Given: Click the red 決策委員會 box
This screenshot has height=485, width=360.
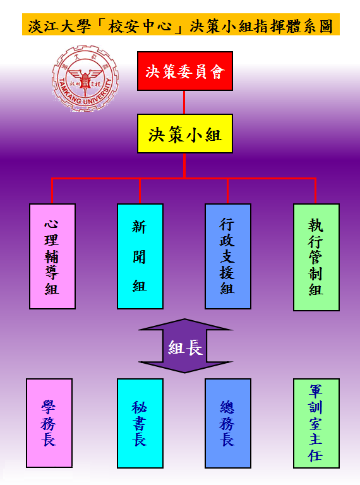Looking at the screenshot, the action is point(185,71).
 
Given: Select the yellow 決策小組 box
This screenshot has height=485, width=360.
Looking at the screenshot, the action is point(185,134).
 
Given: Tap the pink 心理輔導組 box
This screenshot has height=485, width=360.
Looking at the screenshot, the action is point(52,256).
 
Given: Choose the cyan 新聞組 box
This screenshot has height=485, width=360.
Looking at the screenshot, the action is point(140,256).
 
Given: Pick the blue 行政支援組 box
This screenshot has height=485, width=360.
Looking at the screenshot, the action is point(228,256).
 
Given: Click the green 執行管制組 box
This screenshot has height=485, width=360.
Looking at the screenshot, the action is point(316,257).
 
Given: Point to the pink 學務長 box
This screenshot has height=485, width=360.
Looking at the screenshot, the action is point(49,423).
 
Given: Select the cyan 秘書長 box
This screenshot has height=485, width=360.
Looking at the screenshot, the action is point(140,423).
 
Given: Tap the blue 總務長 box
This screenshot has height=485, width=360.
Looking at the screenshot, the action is point(228,423).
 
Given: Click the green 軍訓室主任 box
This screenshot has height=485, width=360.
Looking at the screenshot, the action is point(316,423).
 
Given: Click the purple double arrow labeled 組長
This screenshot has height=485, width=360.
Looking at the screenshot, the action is point(185,346).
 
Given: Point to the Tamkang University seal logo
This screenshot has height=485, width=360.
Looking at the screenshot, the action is point(85,78).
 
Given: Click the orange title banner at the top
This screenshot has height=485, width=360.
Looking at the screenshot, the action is point(181,25).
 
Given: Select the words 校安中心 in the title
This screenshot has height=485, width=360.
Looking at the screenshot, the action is point(140,26).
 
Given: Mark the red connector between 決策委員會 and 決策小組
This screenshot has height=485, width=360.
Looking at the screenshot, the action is point(184,102).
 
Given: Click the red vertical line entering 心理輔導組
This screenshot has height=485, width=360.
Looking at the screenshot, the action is point(52,191).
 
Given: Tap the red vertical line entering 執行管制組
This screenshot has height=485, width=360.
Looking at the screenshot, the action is point(315,191).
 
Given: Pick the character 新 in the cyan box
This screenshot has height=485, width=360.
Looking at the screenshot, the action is point(139,227).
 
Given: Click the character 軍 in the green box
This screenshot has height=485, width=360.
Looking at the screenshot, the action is point(316,392).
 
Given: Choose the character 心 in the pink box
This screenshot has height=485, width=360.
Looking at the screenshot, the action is point(51,224).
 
